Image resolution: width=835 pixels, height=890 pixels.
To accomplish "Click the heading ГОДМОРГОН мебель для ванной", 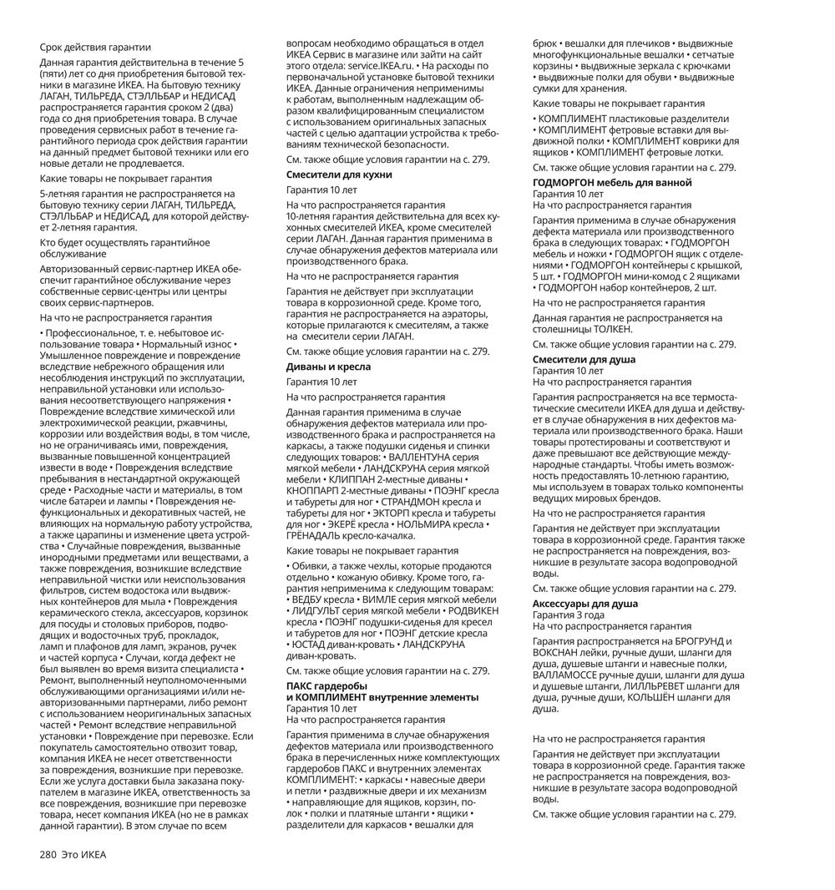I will click(612, 182).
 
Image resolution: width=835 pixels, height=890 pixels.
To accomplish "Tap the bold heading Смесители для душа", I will click(584, 360).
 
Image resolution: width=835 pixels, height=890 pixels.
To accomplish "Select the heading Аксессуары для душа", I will click(585, 604).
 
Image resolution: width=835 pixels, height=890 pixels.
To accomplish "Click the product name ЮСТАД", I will click(309, 644).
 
